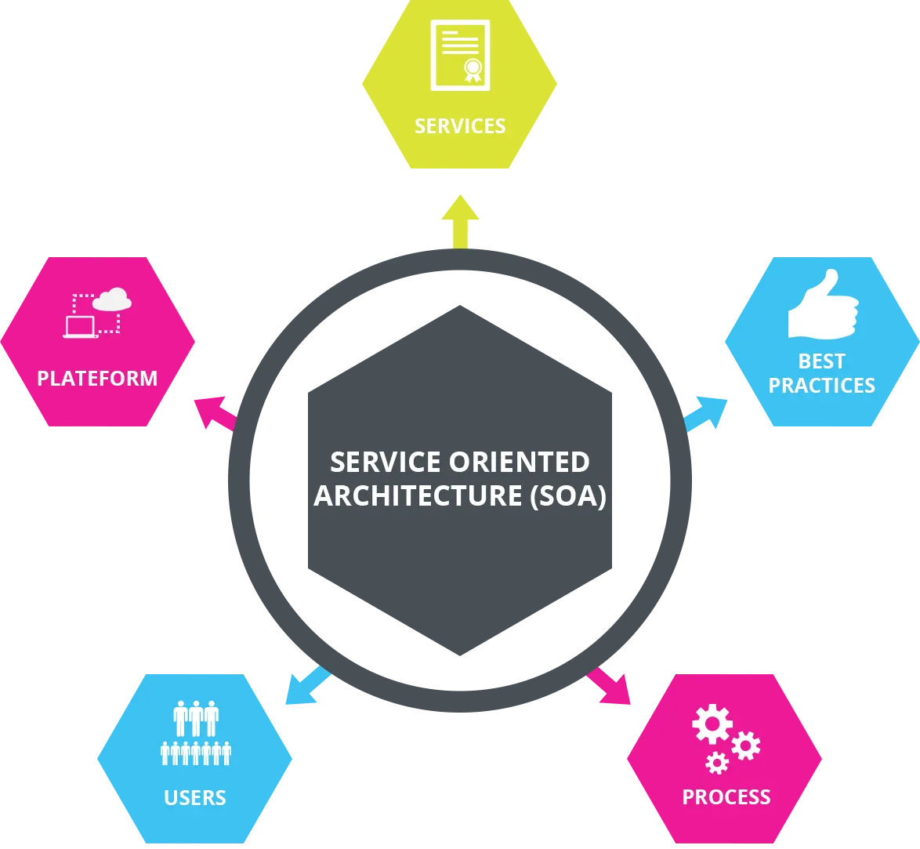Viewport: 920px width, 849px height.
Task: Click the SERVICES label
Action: pos(460,126)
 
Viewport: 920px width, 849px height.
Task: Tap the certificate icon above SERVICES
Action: pos(460,54)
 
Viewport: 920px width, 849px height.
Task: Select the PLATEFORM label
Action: pos(97,379)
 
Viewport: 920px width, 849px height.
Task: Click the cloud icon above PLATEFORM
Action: pos(112,299)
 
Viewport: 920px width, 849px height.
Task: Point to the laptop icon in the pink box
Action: pos(79,326)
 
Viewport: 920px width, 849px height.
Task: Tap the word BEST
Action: pos(821,361)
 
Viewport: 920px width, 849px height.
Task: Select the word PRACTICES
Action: pos(821,386)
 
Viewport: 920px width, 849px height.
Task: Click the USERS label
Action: pos(195,798)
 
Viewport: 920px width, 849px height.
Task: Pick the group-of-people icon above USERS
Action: pos(196,732)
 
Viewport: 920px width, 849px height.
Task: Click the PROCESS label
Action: pos(726,797)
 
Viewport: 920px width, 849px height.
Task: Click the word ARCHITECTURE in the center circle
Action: pos(418,496)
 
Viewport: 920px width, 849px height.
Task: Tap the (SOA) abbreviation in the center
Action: pos(568,496)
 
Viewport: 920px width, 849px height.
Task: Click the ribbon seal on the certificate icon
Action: pos(473,70)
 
